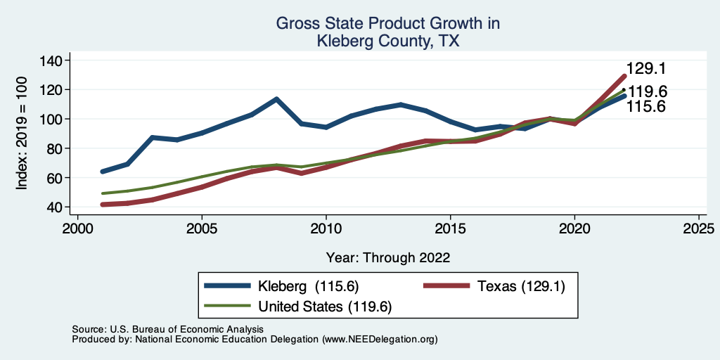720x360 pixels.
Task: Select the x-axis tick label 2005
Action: [x=202, y=229]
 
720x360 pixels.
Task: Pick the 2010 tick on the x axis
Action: [x=326, y=229]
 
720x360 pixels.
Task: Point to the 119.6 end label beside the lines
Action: [x=648, y=91]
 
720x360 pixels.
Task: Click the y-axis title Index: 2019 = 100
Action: [x=22, y=134]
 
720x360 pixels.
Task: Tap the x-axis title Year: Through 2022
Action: [x=388, y=257]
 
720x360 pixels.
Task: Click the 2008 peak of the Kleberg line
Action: [x=276, y=99]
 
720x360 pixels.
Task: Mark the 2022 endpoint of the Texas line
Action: [x=624, y=76]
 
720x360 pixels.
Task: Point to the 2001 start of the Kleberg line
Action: [x=103, y=172]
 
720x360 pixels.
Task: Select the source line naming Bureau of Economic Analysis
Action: [x=167, y=329]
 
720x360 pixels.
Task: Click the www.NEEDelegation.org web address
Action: [x=380, y=339]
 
